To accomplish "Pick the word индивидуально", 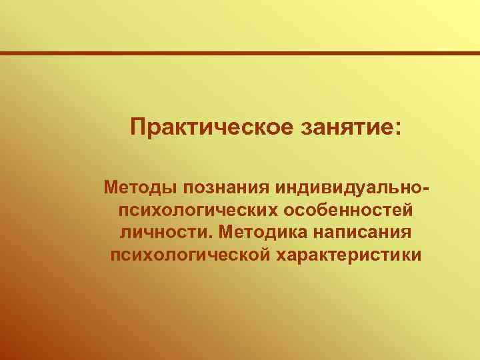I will coord(351,187).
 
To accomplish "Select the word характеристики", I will coord(347,255).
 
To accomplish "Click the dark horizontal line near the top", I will coord(240,53).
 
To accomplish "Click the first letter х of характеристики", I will coord(278,256).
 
